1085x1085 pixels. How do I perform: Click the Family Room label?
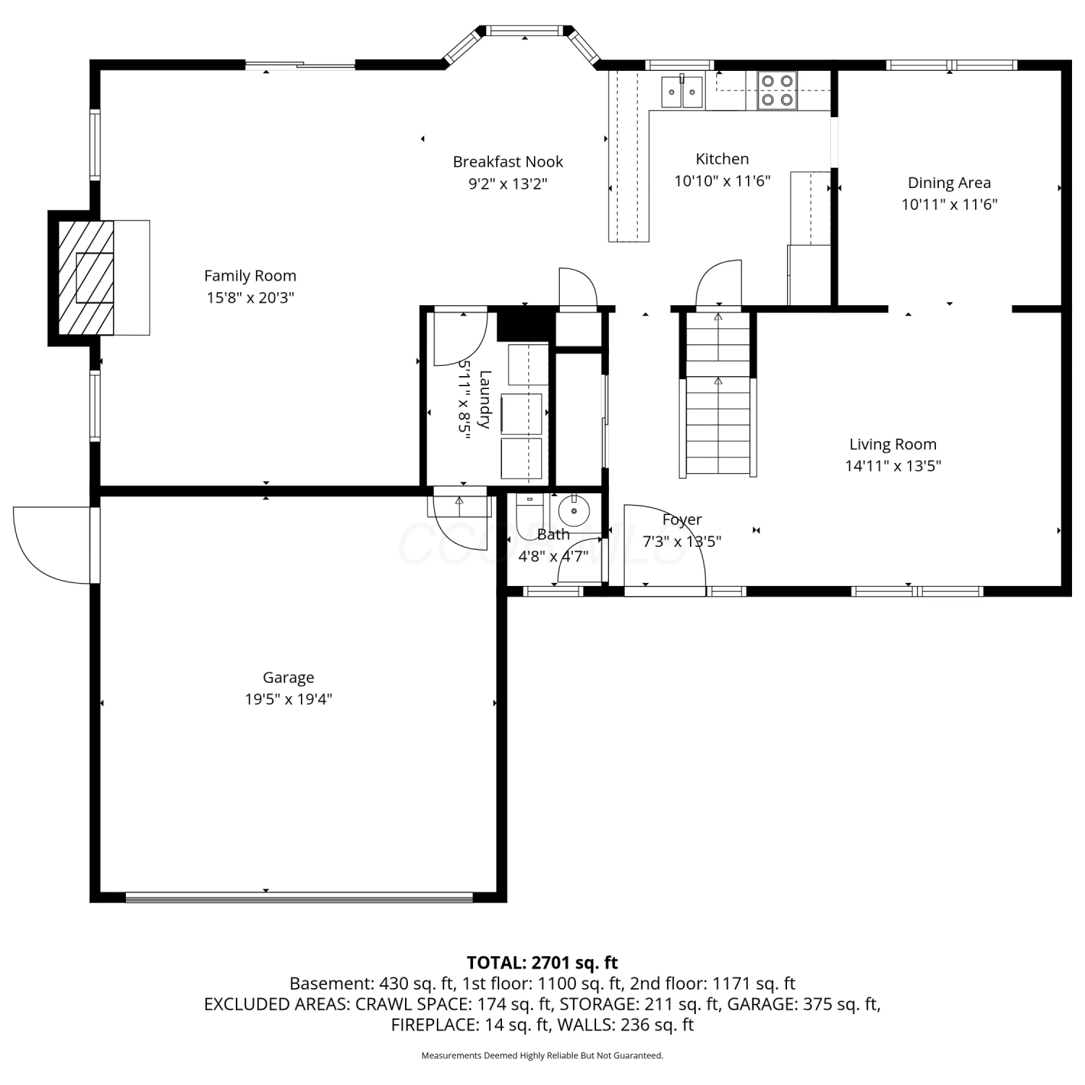click(250, 276)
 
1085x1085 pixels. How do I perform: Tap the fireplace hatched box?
click(86, 277)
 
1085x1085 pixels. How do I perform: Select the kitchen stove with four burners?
click(777, 90)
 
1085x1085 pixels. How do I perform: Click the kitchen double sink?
click(682, 91)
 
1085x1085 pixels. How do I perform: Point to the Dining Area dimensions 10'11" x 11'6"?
click(949, 205)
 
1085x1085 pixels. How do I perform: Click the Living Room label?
click(893, 444)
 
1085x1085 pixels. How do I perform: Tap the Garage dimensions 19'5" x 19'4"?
click(289, 699)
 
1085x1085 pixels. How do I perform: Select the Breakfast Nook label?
click(508, 162)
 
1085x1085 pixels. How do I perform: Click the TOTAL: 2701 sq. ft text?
click(542, 963)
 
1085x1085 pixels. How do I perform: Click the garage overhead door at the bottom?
click(299, 898)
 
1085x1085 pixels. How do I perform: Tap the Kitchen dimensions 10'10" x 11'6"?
click(723, 181)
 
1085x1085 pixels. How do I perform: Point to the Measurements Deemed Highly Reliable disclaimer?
click(542, 1056)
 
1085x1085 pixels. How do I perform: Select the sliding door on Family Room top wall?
click(300, 66)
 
